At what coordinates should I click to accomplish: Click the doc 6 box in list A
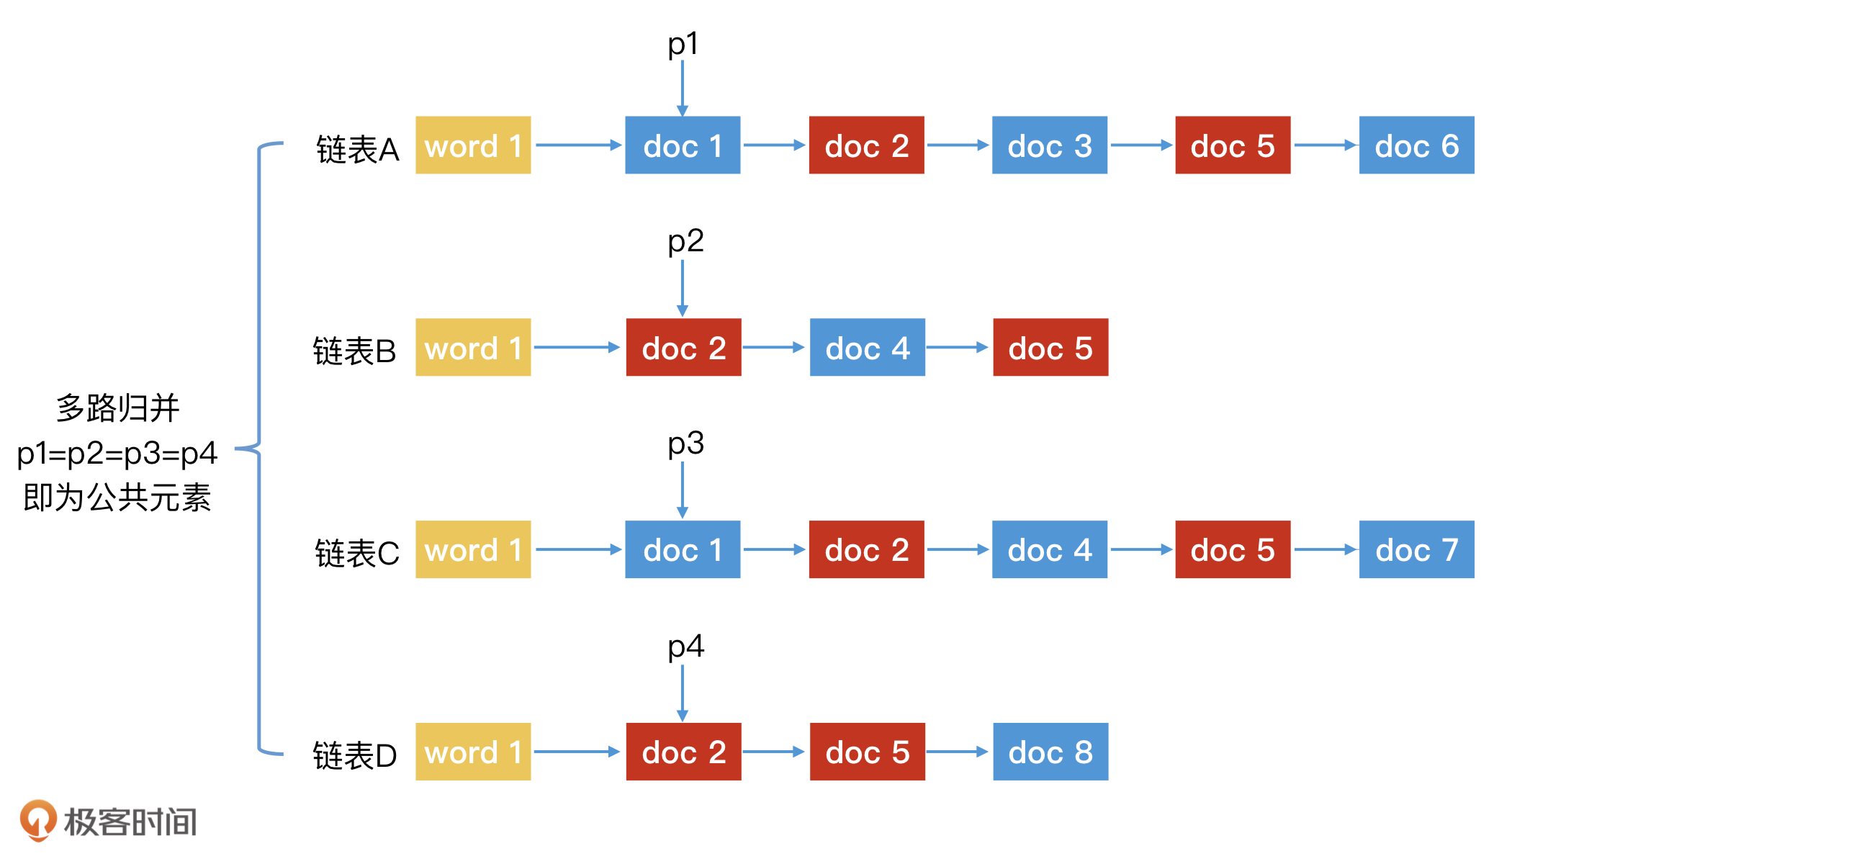pos(1416,145)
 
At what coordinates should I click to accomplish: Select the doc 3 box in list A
pos(1048,145)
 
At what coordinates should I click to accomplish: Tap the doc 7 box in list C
pos(1416,549)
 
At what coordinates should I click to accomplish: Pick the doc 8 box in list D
pos(1050,752)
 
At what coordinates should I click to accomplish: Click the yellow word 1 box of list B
pos(473,347)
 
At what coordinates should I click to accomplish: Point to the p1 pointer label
pos(683,44)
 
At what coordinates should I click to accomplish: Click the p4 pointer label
pos(685,646)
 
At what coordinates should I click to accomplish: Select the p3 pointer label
pos(685,444)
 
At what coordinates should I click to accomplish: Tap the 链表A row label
pos(357,150)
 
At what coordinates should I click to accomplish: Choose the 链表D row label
pos(355,756)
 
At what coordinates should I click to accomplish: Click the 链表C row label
pos(357,554)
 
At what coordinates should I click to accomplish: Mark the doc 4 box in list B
pos(867,347)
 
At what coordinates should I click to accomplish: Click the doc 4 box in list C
pos(1048,549)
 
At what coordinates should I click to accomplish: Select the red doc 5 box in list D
pos(867,752)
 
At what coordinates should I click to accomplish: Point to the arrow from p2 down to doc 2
pos(683,287)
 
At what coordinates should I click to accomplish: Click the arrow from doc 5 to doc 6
pos(1324,145)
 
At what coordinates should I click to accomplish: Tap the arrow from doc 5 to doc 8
pos(958,752)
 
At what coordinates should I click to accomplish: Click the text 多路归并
pos(118,408)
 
